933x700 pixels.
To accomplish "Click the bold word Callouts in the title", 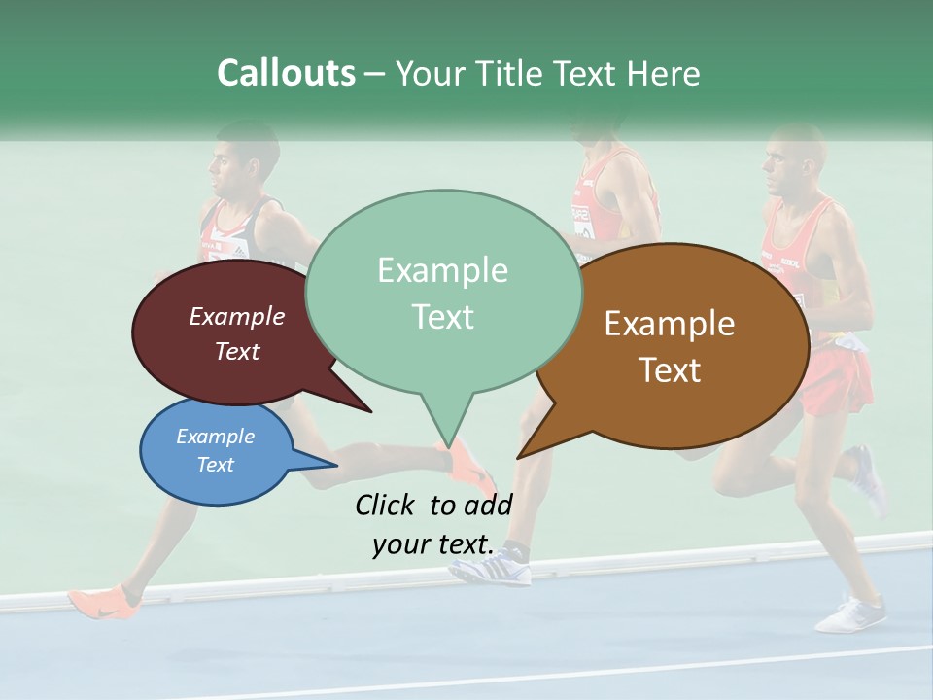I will [x=286, y=73].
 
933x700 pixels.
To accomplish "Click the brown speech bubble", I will [x=680, y=345].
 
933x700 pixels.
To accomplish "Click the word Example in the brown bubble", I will [x=670, y=324].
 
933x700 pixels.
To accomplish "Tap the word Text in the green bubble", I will [x=443, y=317].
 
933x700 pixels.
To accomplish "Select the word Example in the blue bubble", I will [x=216, y=437].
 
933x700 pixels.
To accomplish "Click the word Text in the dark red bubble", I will [x=237, y=352].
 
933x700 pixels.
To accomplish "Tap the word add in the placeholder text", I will [x=487, y=505].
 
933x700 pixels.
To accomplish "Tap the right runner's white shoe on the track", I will [x=851, y=614].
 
